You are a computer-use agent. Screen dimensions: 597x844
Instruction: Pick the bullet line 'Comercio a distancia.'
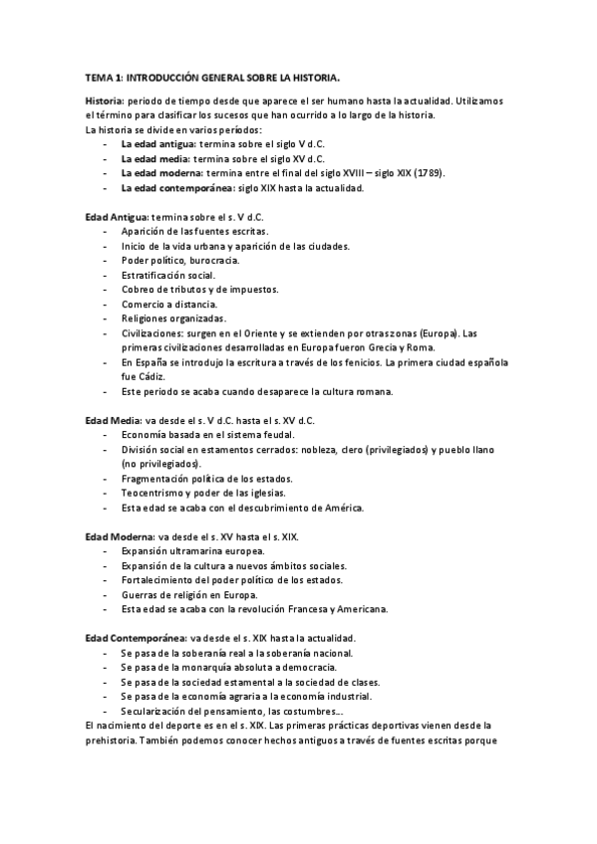(x=167, y=304)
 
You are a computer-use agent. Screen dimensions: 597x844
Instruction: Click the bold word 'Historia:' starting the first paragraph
(x=105, y=101)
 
